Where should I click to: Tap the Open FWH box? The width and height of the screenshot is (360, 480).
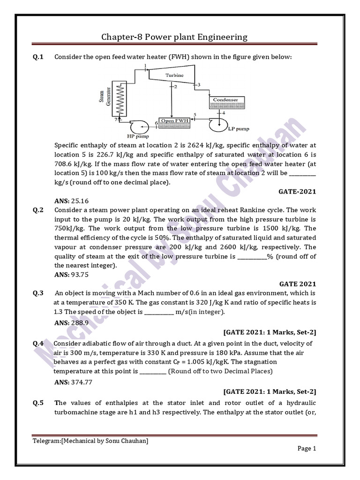point(175,120)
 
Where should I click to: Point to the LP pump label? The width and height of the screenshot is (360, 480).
point(239,128)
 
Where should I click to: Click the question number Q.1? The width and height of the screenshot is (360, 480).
point(38,57)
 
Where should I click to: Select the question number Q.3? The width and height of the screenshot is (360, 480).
point(38,293)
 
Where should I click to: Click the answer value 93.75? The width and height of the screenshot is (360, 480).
point(79,275)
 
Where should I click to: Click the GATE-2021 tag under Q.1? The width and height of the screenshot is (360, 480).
point(297,191)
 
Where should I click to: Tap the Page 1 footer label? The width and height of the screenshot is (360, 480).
point(307,448)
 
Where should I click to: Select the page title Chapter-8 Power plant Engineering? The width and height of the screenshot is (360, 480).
point(174,37)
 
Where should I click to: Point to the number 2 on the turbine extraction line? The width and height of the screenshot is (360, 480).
point(175,87)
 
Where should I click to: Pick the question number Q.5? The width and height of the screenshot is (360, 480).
point(38,403)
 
